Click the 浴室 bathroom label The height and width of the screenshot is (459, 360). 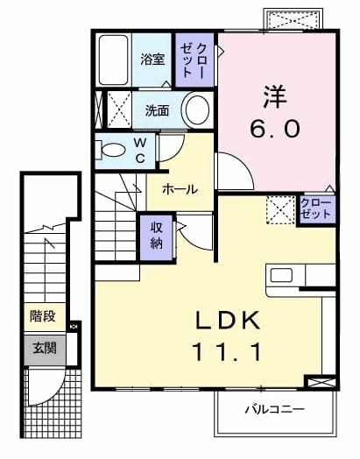[153, 59]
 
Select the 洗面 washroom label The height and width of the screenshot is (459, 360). [157, 111]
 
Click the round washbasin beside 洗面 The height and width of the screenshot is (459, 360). [197, 110]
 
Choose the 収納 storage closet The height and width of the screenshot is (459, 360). [157, 234]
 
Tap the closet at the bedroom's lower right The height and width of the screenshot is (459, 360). [315, 209]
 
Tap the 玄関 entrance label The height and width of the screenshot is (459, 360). [44, 348]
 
